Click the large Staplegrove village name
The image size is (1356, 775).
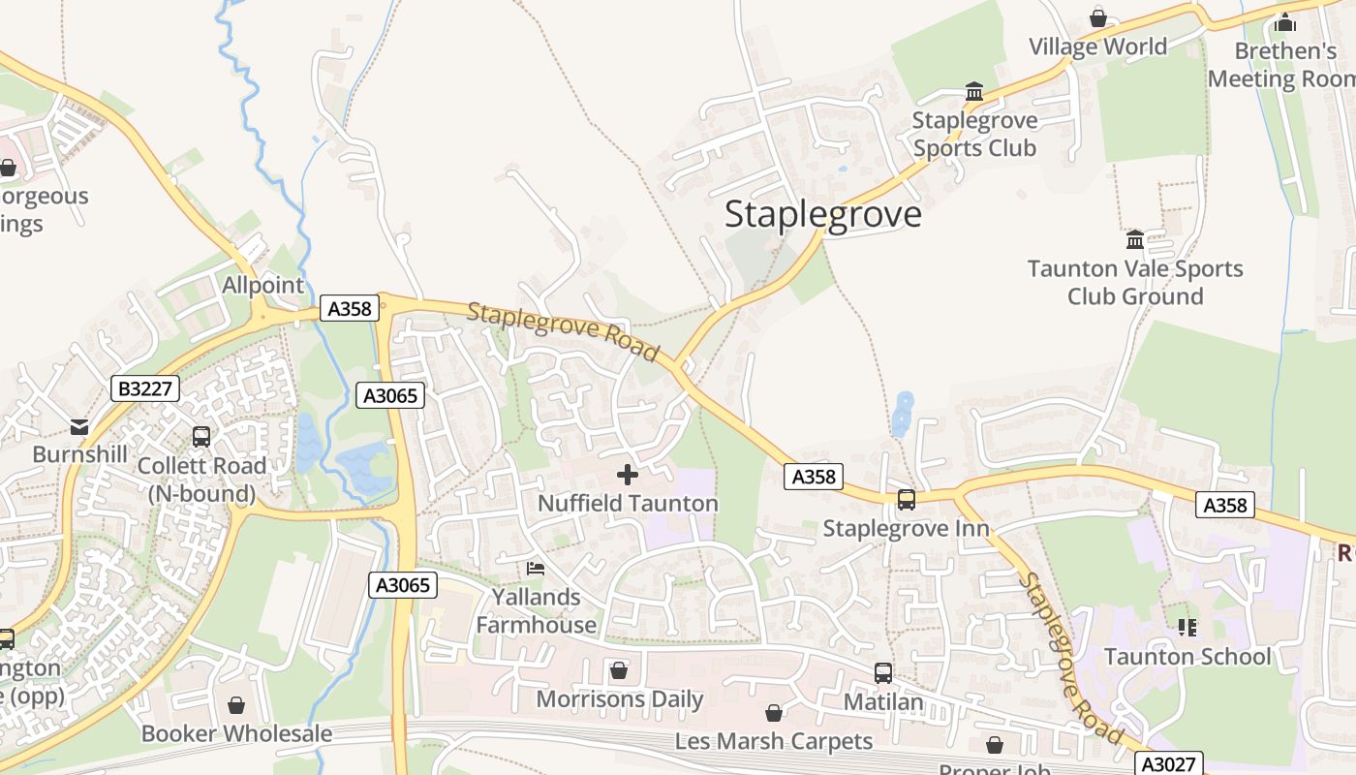823,214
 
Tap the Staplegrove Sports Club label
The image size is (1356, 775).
974,135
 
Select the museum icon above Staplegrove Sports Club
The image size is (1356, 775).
974,92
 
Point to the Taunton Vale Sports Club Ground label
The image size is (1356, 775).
1135,282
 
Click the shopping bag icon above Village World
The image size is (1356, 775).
1098,17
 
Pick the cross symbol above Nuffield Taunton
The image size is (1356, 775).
628,475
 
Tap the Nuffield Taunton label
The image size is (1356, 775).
628,504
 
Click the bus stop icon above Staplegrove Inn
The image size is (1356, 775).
907,500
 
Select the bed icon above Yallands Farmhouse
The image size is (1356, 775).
536,568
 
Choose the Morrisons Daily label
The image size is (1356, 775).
620,699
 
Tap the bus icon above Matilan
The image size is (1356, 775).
883,673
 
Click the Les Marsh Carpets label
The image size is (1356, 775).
774,742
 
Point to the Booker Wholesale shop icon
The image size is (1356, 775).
236,705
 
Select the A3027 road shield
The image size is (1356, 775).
1166,763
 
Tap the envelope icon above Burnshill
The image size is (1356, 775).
79,426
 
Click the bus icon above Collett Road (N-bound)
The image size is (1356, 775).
201,437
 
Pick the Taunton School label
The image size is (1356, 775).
1187,657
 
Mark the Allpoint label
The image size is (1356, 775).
263,286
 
